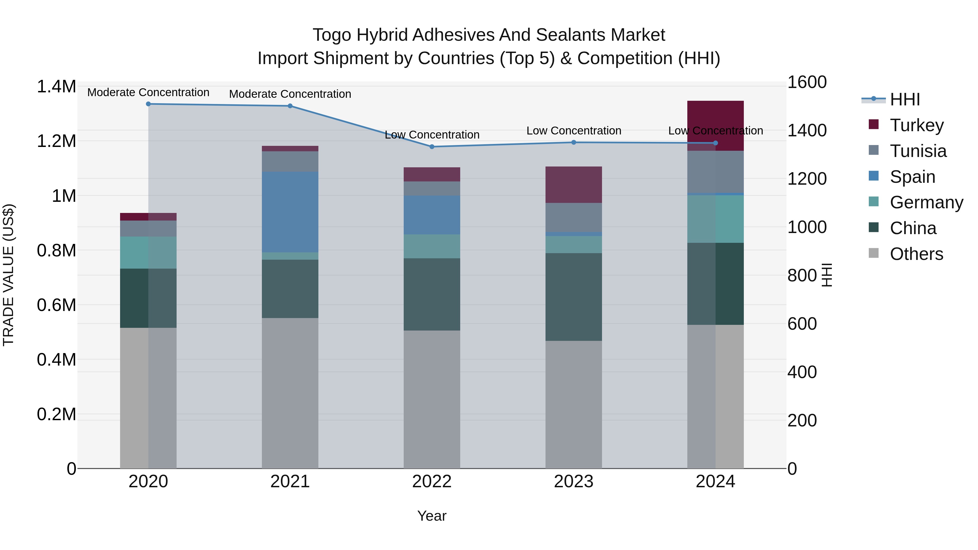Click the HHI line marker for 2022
pyautogui.click(x=432, y=146)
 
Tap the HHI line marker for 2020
pyautogui.click(x=148, y=104)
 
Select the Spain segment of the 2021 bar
pyautogui.click(x=290, y=212)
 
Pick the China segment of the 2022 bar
pyautogui.click(x=432, y=294)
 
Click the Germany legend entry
pyautogui.click(x=926, y=202)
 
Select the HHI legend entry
pyautogui.click(x=904, y=99)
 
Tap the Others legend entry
pyautogui.click(x=916, y=254)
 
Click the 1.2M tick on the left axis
pyautogui.click(x=56, y=141)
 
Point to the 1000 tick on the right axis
pyautogui.click(x=807, y=227)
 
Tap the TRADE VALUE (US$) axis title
pyautogui.click(x=8, y=275)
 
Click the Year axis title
pyautogui.click(x=432, y=516)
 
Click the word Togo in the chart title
pyautogui.click(x=332, y=35)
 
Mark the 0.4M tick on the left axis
pyautogui.click(x=56, y=359)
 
